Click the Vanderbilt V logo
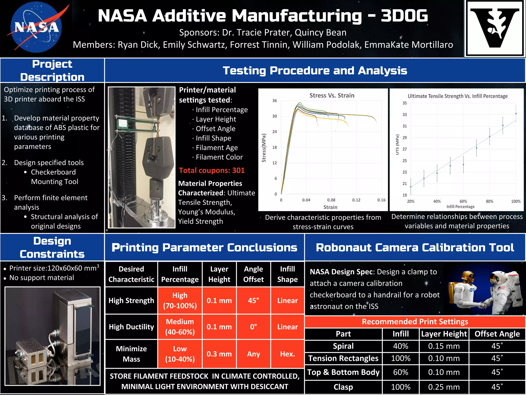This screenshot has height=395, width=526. point(494,28)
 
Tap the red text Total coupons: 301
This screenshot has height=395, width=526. point(212,170)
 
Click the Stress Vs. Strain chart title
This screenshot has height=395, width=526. point(332,95)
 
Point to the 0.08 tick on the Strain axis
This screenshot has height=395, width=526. point(331,200)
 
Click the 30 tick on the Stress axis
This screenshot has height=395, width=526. point(275,116)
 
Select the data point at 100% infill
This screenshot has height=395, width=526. point(516,113)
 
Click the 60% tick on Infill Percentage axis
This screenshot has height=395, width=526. point(463,201)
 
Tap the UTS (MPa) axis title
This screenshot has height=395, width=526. point(397,145)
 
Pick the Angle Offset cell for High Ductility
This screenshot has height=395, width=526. point(253,327)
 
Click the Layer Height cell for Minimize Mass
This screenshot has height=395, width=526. point(219,354)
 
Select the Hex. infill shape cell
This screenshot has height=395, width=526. point(287,354)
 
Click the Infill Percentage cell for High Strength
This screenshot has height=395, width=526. point(180,300)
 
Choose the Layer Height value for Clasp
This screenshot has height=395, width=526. point(444,387)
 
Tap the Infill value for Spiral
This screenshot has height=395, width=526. point(400,346)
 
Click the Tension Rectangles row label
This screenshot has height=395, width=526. point(343,358)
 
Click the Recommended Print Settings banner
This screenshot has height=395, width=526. point(415,321)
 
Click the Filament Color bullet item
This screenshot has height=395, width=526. point(219,157)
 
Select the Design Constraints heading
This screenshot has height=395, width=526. point(52,247)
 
